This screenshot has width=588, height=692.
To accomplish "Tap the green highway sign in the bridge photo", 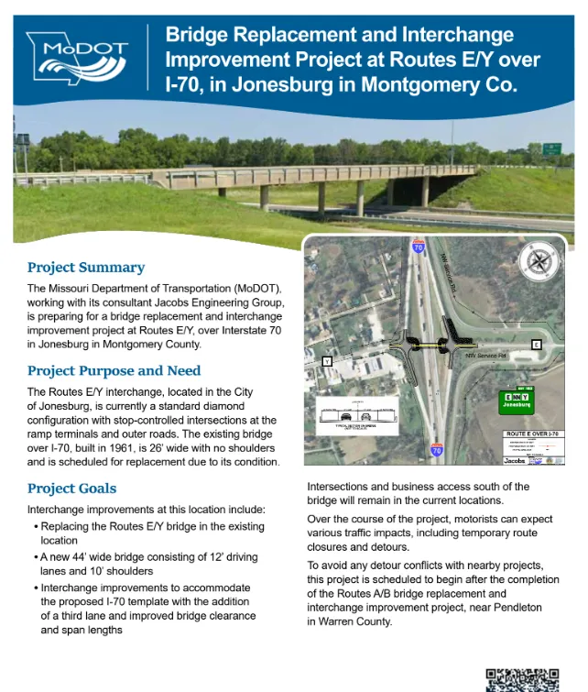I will pyautogui.click(x=551, y=148).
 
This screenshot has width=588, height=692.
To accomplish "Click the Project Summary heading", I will pyautogui.click(x=86, y=268).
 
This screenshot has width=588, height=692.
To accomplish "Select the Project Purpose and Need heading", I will pyautogui.click(x=114, y=371).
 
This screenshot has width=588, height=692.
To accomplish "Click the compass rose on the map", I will pyautogui.click(x=538, y=262).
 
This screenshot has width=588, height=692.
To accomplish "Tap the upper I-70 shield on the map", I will pyautogui.click(x=419, y=248).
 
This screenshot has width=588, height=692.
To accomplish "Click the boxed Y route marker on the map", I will pyautogui.click(x=326, y=362).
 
